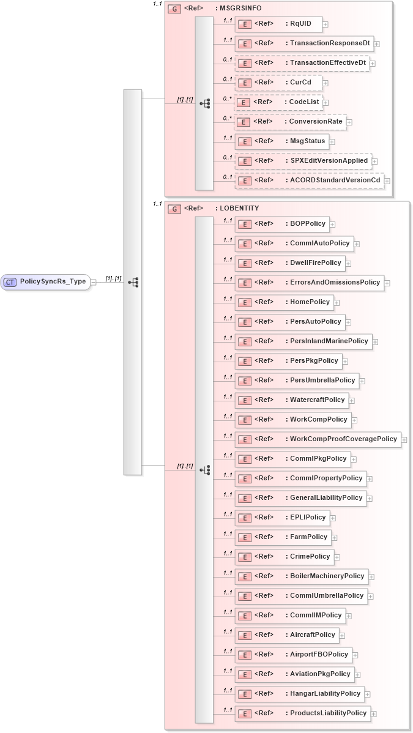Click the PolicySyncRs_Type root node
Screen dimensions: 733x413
click(x=46, y=282)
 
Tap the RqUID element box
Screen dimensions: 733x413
click(x=278, y=24)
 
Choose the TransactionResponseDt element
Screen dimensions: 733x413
click(x=304, y=43)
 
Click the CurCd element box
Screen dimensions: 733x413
click(x=278, y=82)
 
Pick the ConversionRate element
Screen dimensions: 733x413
click(x=291, y=122)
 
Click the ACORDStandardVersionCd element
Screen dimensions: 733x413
click(x=310, y=180)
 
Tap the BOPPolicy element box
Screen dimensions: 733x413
click(x=282, y=224)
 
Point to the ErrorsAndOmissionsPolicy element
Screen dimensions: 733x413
click(x=310, y=283)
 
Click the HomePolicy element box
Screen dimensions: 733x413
click(x=284, y=302)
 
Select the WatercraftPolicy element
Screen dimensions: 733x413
click(x=292, y=400)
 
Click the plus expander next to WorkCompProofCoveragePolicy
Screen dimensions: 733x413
click(x=404, y=440)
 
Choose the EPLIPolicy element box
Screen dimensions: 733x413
click(x=282, y=518)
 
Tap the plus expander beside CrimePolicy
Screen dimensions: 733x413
click(x=337, y=557)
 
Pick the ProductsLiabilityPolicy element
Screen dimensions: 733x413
click(x=303, y=713)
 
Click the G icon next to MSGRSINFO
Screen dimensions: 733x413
click(x=175, y=8)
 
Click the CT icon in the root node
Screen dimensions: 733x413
click(x=10, y=282)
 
